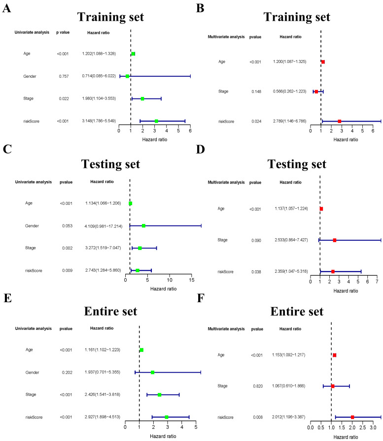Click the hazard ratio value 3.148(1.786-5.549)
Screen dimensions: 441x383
pos(99,121)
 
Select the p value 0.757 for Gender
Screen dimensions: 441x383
pos(62,76)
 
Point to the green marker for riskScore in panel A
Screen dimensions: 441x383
pos(156,121)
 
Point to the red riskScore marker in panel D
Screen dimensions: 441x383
pos(333,271)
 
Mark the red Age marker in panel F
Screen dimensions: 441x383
pos(334,355)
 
